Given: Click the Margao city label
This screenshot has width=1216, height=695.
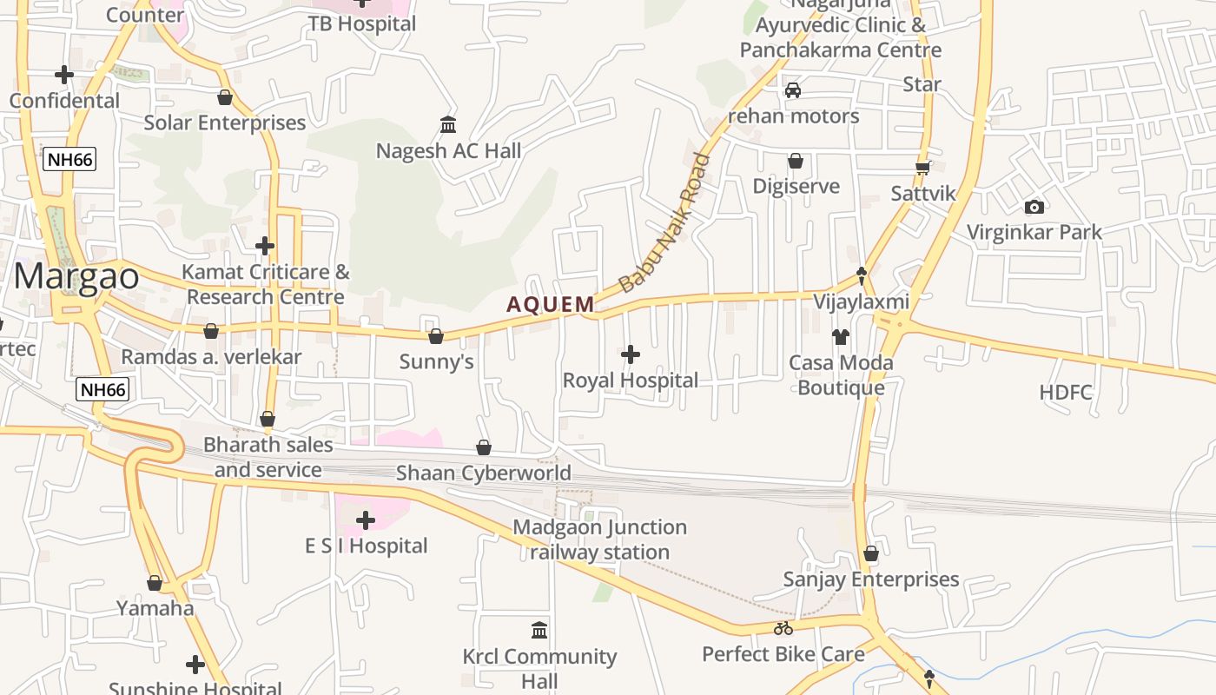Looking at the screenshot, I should (76, 276).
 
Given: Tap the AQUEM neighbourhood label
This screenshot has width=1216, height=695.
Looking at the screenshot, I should (551, 304).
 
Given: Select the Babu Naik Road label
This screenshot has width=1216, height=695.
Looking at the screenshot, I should (665, 222).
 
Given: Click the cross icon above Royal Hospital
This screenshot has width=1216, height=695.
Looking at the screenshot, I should (631, 354).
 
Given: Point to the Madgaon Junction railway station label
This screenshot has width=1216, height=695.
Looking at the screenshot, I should (599, 539).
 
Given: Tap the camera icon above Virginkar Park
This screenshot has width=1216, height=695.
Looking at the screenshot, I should (1034, 207).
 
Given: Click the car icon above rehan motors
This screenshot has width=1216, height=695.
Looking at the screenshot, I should (792, 90).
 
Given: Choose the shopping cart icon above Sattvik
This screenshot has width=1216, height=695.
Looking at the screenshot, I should (922, 167).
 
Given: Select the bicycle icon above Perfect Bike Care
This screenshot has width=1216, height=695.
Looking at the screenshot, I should (783, 628).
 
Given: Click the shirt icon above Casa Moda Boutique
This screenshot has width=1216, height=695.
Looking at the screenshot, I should (840, 336).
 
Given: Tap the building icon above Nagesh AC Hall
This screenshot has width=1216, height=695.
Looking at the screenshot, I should (448, 125).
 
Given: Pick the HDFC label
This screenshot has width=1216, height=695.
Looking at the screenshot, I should (1066, 392).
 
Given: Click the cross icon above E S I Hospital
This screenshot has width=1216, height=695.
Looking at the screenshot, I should (366, 520).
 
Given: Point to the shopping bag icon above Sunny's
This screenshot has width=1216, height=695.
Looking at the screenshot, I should (436, 335).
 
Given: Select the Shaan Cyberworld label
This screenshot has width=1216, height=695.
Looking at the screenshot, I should (484, 473).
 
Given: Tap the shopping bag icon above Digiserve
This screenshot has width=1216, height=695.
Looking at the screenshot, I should (795, 161).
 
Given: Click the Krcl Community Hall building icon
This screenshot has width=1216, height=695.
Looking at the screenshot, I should (539, 630).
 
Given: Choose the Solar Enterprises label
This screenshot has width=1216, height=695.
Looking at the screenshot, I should (225, 122).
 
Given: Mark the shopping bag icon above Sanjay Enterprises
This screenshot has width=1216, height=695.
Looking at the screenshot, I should (871, 553).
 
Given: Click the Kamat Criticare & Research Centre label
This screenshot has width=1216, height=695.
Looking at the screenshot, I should (266, 284).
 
